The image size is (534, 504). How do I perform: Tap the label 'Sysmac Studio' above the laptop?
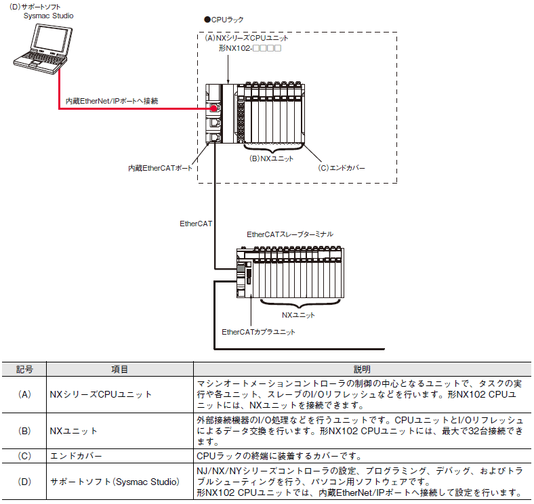pyautogui.click(x=48, y=16)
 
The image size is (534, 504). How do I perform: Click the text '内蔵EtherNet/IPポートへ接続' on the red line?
pyautogui.click(x=112, y=101)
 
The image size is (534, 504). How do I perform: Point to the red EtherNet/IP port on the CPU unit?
pyautogui.click(x=213, y=108)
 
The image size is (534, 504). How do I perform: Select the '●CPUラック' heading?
pyautogui.click(x=224, y=20)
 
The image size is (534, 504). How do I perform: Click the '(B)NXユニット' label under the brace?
pyautogui.click(x=272, y=159)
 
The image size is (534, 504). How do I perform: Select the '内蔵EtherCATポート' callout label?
pyautogui.click(x=160, y=167)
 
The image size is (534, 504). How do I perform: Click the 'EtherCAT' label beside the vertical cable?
pyautogui.click(x=196, y=223)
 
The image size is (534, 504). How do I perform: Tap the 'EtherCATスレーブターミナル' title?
pyautogui.click(x=290, y=234)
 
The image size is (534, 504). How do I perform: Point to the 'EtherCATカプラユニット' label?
pyautogui.click(x=259, y=332)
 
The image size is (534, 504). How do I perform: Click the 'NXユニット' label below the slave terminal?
pyautogui.click(x=299, y=315)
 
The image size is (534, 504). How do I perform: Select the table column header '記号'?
pyautogui.click(x=25, y=370)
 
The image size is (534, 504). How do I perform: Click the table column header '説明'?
pyautogui.click(x=363, y=370)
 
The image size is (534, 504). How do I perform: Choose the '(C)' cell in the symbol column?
pyautogui.click(x=25, y=456)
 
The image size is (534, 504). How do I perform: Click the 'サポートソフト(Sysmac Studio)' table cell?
pyautogui.click(x=115, y=482)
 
